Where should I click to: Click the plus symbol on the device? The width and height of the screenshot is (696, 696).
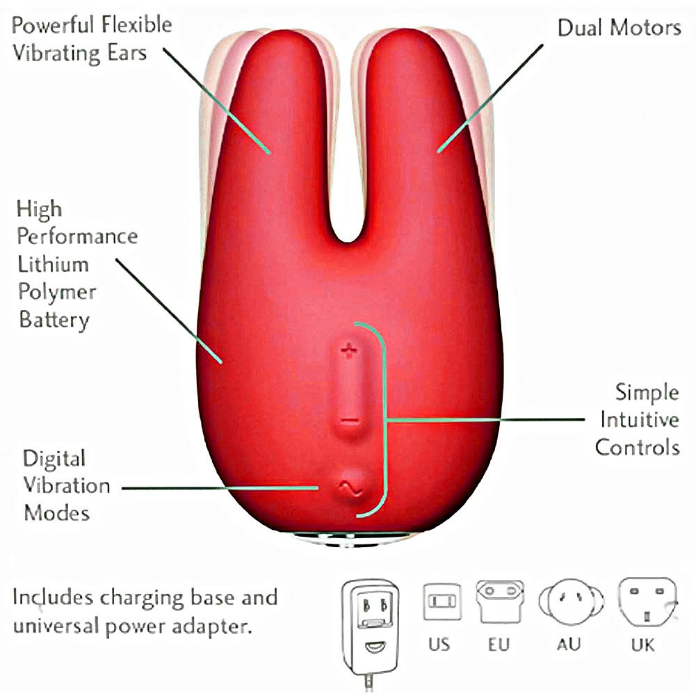pos(349,351)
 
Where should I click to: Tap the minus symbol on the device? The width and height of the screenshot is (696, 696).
pos(350,421)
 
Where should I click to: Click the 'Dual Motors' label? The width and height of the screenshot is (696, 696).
pos(620,28)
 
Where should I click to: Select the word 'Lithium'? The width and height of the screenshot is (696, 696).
pos(54,264)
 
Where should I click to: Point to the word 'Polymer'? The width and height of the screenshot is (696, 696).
pos(57,293)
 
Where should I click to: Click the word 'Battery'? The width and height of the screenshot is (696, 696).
pos(54,320)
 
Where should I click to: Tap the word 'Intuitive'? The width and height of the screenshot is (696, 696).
pos(640,419)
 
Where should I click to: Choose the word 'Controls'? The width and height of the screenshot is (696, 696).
pos(638,447)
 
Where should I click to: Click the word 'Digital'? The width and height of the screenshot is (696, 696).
pos(54,460)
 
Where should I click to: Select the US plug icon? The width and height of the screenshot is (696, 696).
pos(442,601)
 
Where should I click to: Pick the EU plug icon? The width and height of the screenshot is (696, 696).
pos(500,601)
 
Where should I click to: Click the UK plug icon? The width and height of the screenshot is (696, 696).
pos(647,602)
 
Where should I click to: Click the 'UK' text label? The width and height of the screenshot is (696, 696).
pos(642,645)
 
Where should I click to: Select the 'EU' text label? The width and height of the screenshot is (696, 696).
pos(499,645)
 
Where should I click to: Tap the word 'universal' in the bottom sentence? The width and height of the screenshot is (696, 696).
pos(56,626)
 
